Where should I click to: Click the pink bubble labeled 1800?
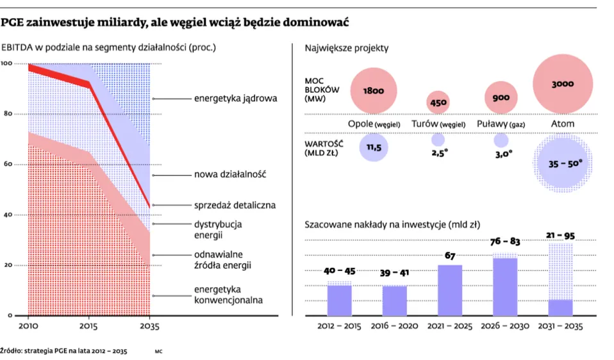click(373, 91)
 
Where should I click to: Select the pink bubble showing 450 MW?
click(438, 102)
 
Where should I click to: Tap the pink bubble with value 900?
click(501, 97)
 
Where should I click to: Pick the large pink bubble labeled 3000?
click(562, 84)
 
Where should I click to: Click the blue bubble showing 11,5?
click(374, 147)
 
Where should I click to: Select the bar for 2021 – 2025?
click(450, 290)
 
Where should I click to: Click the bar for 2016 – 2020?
click(395, 300)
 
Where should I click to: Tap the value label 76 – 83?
click(505, 241)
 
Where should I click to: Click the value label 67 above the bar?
click(450, 256)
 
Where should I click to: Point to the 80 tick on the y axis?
click(7, 114)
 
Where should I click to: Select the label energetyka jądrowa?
click(235, 99)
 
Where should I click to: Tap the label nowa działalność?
click(230, 175)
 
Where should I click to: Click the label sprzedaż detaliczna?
click(235, 206)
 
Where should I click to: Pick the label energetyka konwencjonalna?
click(229, 295)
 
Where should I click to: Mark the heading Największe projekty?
click(347, 48)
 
